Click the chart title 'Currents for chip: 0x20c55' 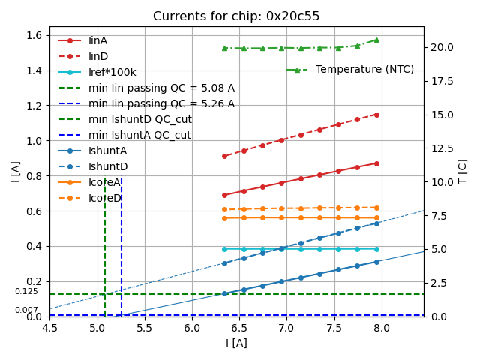(x=236, y=16)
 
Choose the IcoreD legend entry (x=104, y=198)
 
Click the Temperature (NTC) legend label (x=364, y=70)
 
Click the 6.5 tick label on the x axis (x=239, y=328)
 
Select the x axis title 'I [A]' (x=236, y=343)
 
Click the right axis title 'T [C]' (x=463, y=172)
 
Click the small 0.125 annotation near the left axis (x=26, y=292)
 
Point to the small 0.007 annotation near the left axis (x=26, y=310)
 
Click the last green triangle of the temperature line (x=376, y=40)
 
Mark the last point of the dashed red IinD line (x=376, y=115)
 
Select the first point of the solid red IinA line (x=224, y=195)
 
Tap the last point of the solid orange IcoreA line (x=376, y=217)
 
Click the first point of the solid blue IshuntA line (x=224, y=293)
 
